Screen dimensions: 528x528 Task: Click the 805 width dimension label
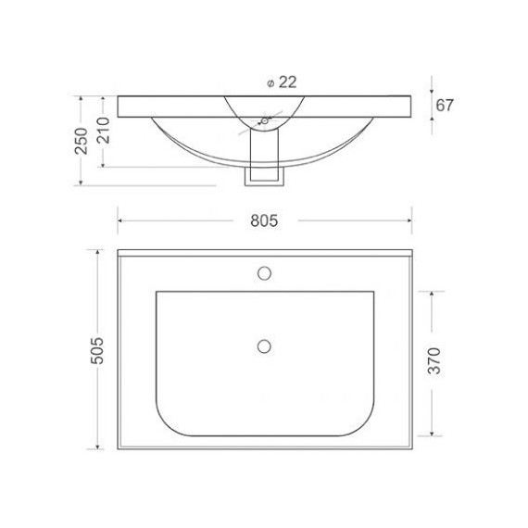coord(264,220)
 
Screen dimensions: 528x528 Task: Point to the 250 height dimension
coord(82,139)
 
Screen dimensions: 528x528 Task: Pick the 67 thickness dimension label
coord(445,105)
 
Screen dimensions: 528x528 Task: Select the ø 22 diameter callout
coord(281,82)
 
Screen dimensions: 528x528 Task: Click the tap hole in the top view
coord(264,273)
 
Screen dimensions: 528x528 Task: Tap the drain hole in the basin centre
coord(264,346)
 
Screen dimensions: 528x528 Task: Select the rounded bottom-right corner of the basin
coord(363,421)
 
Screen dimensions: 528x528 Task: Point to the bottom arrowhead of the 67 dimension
coord(431,117)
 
